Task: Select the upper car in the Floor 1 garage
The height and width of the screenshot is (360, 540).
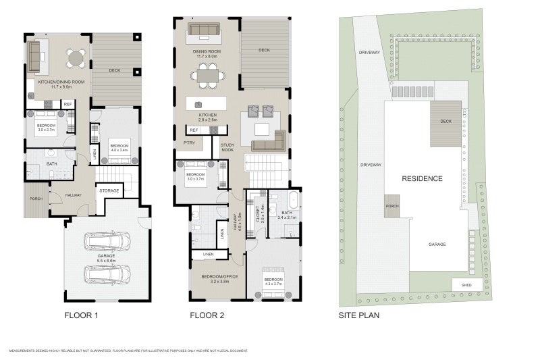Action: coord(107,241)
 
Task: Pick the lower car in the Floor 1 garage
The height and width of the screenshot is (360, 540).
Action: coord(107,274)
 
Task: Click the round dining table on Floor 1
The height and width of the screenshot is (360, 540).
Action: coord(76,58)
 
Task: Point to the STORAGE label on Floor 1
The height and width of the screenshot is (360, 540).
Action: coord(109,191)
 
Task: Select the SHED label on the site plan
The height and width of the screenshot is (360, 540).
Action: coord(467,285)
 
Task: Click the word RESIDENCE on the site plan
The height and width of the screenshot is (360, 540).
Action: coord(422,179)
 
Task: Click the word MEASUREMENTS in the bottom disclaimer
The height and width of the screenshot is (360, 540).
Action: coord(23,351)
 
